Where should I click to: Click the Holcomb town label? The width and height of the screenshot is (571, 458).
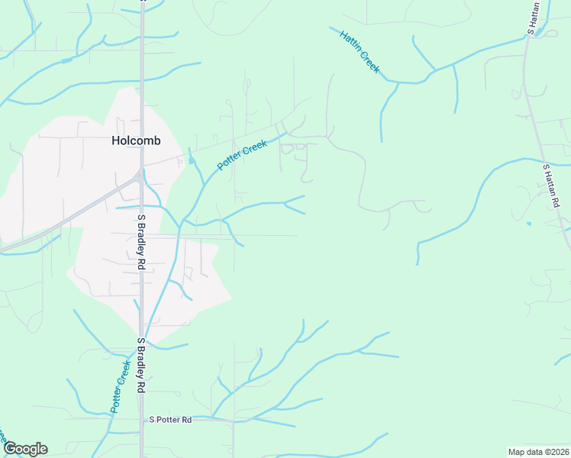136,140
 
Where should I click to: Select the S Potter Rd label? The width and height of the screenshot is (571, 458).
170,420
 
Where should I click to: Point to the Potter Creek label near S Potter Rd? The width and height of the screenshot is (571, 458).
121,387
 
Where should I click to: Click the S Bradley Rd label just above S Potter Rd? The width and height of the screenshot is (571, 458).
141,366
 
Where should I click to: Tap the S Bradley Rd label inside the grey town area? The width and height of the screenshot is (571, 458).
141,242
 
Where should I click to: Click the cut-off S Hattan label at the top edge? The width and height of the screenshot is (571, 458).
532,17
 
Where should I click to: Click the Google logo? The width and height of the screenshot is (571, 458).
25,449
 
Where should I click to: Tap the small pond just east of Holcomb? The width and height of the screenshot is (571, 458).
191,160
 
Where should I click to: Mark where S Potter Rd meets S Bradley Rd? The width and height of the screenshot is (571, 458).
141,419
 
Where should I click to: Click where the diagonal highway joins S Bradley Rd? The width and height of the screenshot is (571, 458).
139,176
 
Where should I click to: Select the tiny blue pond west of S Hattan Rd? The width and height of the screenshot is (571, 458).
529,223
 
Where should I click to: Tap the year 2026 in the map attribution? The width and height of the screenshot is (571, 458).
556,452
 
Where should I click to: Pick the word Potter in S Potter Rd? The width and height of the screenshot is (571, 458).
169,420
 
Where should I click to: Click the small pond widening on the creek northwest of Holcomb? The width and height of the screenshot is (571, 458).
67,59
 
